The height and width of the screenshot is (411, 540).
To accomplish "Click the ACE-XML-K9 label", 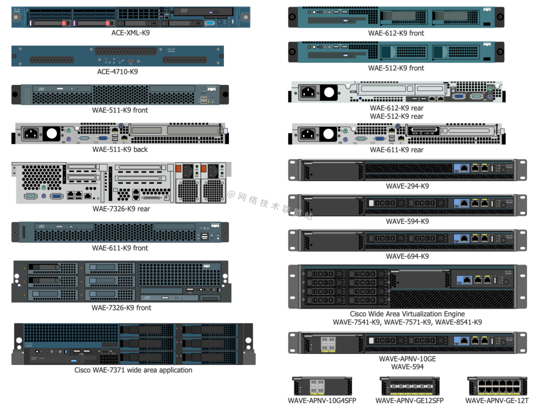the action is [x=130, y=33].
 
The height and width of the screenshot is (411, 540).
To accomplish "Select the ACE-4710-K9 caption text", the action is [x=117, y=71].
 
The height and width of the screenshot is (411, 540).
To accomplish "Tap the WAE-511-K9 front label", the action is [x=120, y=110].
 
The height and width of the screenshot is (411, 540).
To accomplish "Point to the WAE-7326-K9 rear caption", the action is [x=121, y=208].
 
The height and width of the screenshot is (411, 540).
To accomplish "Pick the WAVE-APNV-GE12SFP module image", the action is [x=409, y=386].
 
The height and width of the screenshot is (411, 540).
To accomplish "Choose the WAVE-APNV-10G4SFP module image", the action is [x=322, y=386].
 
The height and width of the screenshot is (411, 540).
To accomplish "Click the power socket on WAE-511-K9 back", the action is [x=30, y=133].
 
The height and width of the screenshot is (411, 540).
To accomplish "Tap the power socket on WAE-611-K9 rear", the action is [x=307, y=133].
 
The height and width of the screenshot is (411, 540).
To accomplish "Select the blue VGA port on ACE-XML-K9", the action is [x=210, y=22].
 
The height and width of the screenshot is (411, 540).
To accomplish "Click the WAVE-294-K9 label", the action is [x=407, y=186].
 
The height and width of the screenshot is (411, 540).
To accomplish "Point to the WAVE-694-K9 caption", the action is [x=407, y=256].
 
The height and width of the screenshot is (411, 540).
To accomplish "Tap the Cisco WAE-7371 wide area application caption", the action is [x=133, y=370].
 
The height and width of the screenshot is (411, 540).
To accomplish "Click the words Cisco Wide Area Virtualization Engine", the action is [x=407, y=314].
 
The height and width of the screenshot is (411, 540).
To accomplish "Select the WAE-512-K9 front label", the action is [x=396, y=68].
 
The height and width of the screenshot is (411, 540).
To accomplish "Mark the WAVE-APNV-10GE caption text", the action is [x=407, y=359].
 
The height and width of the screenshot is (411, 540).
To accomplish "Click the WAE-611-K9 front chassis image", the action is [x=120, y=232].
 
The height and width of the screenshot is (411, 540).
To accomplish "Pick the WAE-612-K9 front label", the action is [x=396, y=33].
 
